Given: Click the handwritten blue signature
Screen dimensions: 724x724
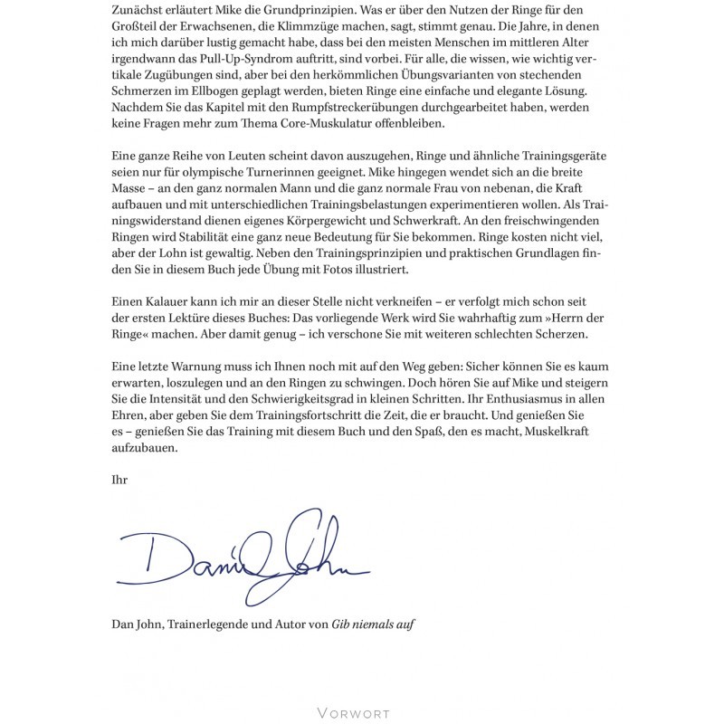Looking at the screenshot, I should point(239,555).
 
